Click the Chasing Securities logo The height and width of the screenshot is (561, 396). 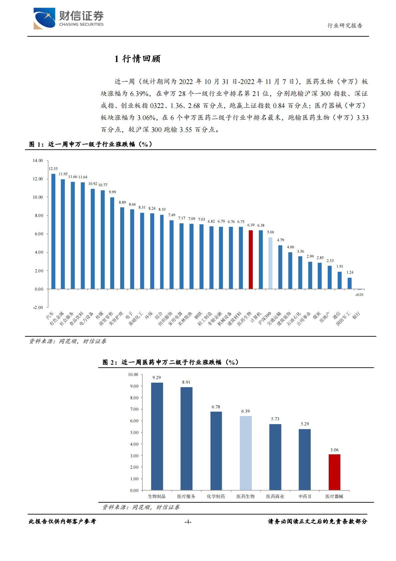pos(68,19)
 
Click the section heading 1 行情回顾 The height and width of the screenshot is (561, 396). pos(137,59)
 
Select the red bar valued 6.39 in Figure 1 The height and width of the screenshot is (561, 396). pos(251,259)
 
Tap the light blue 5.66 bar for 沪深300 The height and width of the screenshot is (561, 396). pos(270,263)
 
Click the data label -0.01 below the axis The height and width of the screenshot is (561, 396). pos(359,295)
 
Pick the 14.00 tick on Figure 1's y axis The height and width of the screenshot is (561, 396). pos(38,161)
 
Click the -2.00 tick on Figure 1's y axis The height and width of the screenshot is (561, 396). pos(38,307)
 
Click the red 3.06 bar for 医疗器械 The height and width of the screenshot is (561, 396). pos(334,472)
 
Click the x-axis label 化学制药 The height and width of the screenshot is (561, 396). pos(216,496)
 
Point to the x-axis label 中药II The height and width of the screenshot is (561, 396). pos(305,496)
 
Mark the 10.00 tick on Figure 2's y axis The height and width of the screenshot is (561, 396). pos(133,375)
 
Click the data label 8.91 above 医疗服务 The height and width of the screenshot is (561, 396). pos(186,382)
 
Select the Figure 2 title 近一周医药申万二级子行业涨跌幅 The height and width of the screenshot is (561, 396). pos(170,362)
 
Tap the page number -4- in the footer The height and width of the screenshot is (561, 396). pos(188,522)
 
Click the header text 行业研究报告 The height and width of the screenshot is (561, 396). pos(345,26)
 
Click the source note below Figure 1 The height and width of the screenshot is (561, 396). pos(68,341)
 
